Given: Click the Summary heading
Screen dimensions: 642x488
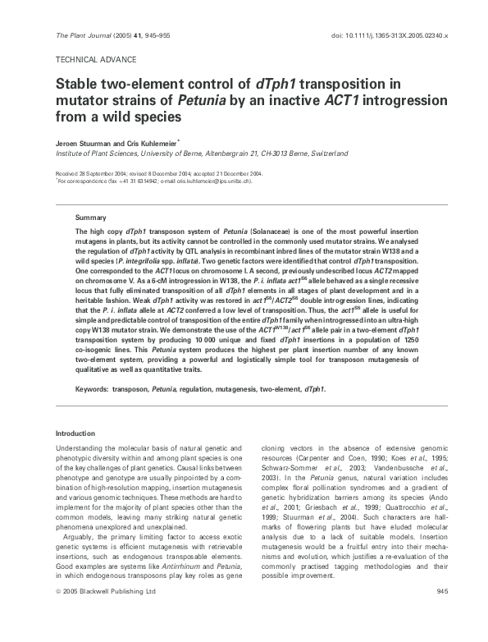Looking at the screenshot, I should [x=90, y=218].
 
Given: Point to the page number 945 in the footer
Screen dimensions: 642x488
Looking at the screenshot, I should [x=441, y=613].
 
